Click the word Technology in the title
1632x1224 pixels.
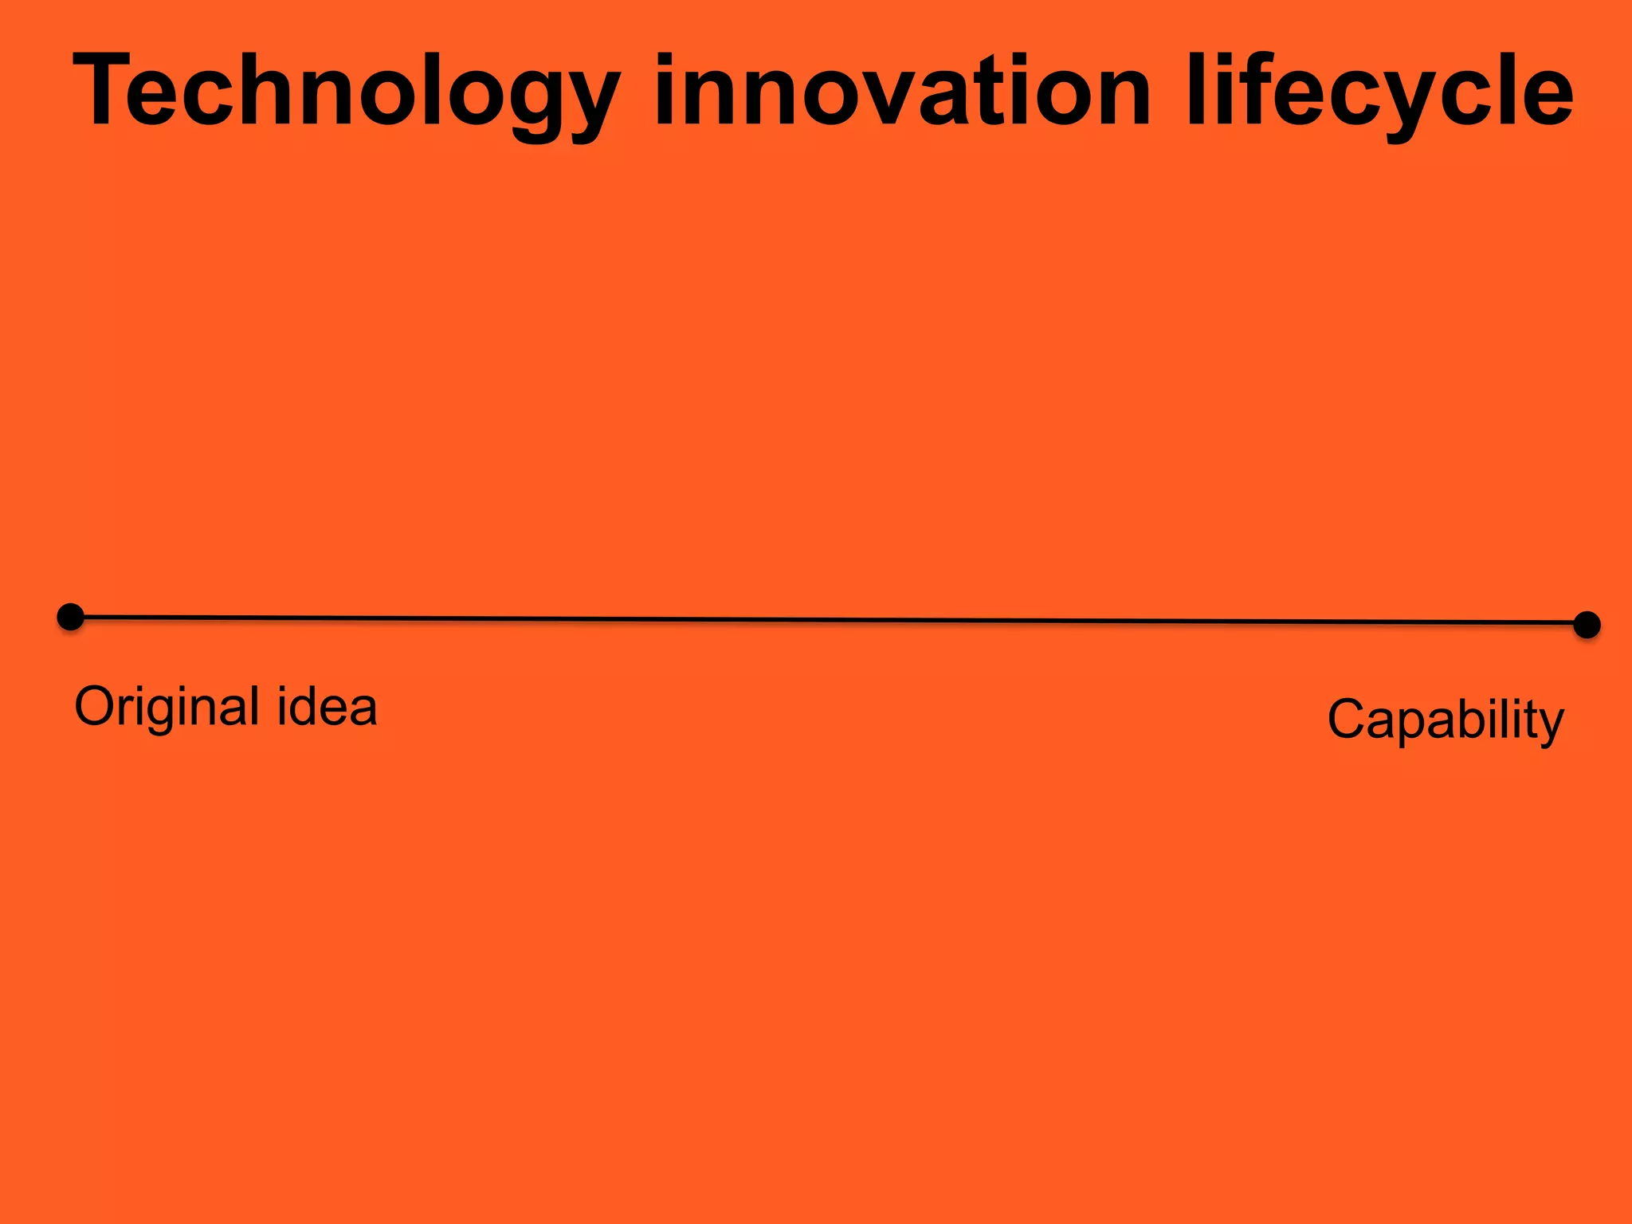point(346,92)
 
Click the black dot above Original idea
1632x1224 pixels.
point(71,617)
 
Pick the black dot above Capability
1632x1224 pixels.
point(1587,625)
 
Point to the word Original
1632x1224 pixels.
point(167,707)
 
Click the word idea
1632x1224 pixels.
point(327,707)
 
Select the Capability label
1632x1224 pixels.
point(1446,720)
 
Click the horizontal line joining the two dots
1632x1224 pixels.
point(829,620)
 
